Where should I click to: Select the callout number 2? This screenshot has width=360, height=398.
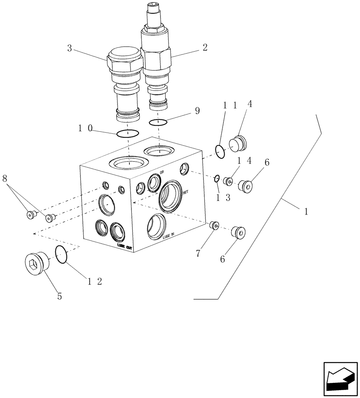205,48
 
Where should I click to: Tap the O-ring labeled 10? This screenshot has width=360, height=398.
127,133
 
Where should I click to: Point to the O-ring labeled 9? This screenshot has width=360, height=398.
158,122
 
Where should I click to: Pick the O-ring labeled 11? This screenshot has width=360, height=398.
220,151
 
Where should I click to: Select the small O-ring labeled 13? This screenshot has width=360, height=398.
217,178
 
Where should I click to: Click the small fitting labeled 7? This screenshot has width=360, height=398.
215,226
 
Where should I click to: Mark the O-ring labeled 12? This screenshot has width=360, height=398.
61,254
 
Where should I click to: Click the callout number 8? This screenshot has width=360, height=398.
5,179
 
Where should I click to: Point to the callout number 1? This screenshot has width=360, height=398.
306,212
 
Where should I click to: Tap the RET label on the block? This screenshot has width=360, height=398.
185,192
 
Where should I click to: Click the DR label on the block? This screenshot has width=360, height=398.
162,172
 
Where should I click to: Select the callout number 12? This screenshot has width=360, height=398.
94,282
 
